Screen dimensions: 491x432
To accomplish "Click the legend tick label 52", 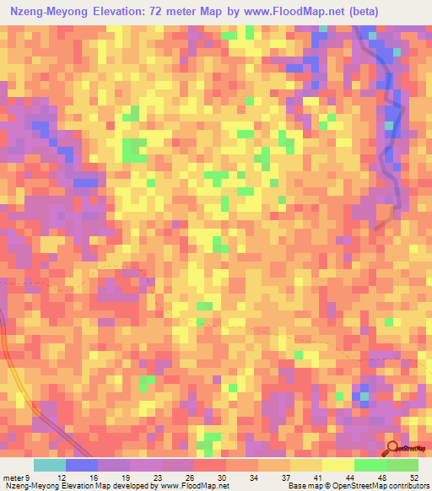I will pos(413,478).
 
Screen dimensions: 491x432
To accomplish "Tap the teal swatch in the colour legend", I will pos(49,465).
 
